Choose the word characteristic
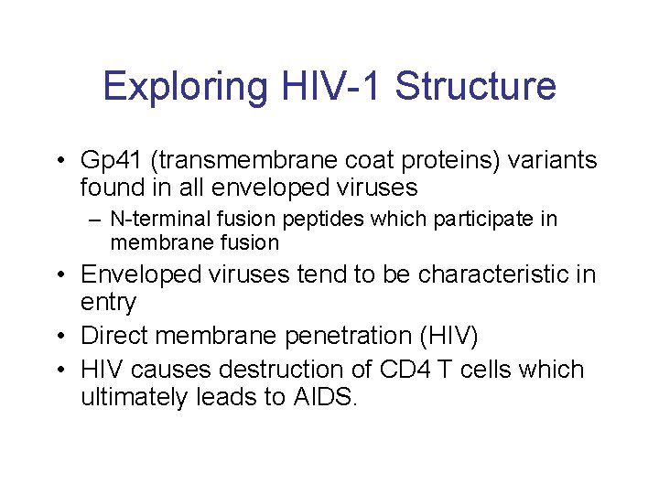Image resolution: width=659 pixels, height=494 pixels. [490, 274]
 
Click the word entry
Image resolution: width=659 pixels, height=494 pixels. [108, 302]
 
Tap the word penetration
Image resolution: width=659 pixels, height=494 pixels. [341, 337]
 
